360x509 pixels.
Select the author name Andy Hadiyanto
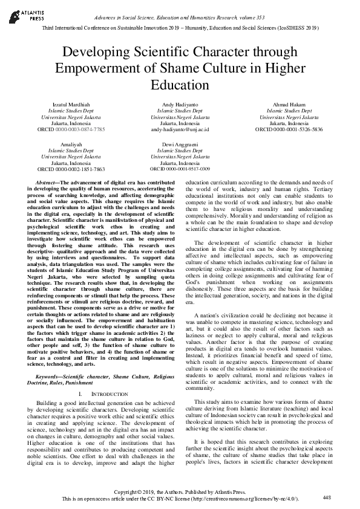coord(180,105)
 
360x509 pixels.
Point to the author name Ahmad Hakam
coord(293,105)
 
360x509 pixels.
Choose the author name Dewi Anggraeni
coord(180,145)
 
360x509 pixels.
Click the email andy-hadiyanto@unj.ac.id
coord(180,129)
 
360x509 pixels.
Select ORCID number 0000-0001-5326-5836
coord(306,129)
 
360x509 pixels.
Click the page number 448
coord(326,496)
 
